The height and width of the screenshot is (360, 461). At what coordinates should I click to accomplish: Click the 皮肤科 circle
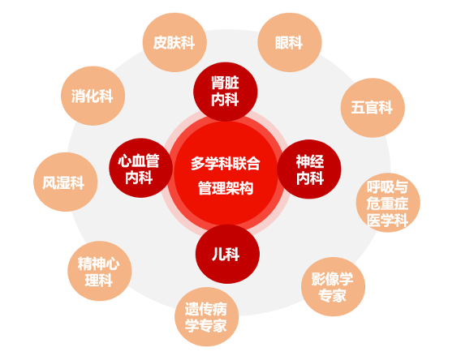pyautogui.click(x=174, y=42)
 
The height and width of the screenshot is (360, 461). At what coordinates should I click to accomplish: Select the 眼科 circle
pyautogui.click(x=290, y=42)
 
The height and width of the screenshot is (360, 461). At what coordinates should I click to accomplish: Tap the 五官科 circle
pyautogui.click(x=373, y=108)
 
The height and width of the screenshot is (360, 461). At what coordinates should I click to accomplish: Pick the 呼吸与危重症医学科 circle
pyautogui.click(x=388, y=203)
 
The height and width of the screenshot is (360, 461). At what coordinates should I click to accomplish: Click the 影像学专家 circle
pyautogui.click(x=333, y=286)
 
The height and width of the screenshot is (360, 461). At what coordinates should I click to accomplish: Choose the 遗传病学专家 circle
pyautogui.click(x=206, y=316)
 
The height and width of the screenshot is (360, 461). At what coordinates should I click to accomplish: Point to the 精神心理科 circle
pyautogui.click(x=100, y=271)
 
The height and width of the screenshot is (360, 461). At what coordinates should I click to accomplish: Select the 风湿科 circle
pyautogui.click(x=65, y=182)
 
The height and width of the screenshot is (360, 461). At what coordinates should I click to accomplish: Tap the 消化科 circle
pyautogui.click(x=93, y=96)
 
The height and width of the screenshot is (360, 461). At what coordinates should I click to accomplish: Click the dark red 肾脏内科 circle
pyautogui.click(x=225, y=92)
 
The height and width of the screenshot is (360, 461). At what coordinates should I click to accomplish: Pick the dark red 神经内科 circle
pyautogui.click(x=309, y=169)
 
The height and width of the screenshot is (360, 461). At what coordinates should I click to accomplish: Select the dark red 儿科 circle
pyautogui.click(x=227, y=254)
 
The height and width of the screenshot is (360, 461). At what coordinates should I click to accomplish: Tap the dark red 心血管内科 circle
pyautogui.click(x=140, y=168)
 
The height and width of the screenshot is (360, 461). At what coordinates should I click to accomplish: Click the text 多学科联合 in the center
pyautogui.click(x=226, y=163)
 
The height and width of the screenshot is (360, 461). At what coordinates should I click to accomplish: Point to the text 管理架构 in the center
pyautogui.click(x=226, y=188)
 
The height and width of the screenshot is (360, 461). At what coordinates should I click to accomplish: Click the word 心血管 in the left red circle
pyautogui.click(x=139, y=161)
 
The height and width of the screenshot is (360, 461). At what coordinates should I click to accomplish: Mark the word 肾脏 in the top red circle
pyautogui.click(x=225, y=83)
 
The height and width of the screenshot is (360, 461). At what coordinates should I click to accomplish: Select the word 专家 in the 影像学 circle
pyautogui.click(x=333, y=295)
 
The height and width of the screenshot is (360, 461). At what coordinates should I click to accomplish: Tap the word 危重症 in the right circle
pyautogui.click(x=387, y=204)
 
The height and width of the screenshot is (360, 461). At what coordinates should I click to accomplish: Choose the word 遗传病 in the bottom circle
pyautogui.click(x=206, y=309)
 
